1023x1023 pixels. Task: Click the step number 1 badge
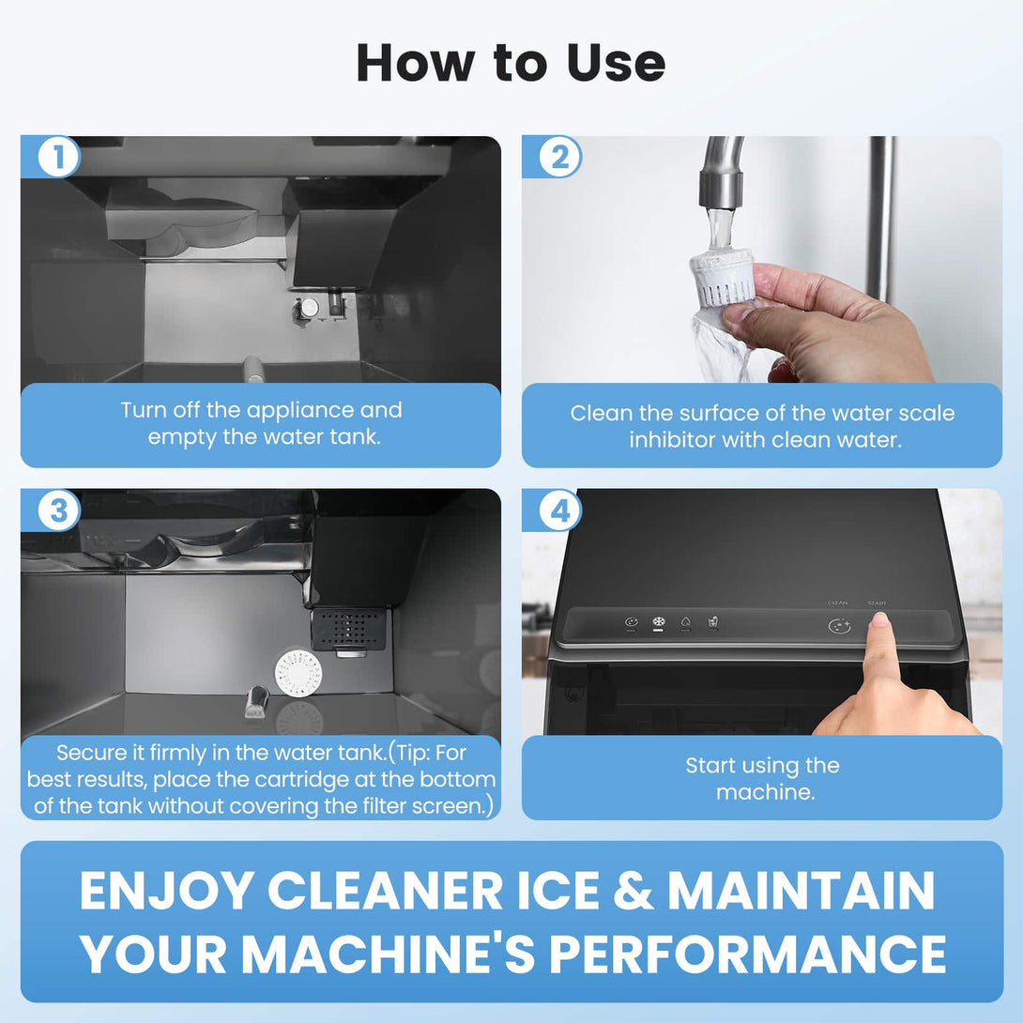(x=58, y=158)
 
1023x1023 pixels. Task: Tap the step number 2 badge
(x=559, y=158)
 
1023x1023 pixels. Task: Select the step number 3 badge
(x=58, y=511)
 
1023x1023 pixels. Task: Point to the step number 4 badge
(x=559, y=511)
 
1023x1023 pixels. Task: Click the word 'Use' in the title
(x=616, y=63)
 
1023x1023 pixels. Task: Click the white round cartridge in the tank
(x=298, y=673)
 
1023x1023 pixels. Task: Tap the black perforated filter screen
(x=347, y=628)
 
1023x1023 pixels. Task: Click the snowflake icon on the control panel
(x=658, y=622)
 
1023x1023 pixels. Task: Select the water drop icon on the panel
(x=685, y=622)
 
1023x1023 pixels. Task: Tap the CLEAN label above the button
(x=838, y=603)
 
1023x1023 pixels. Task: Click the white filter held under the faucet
(x=722, y=276)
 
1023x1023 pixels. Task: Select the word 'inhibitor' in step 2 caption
(x=671, y=439)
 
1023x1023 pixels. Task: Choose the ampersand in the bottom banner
(x=634, y=891)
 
